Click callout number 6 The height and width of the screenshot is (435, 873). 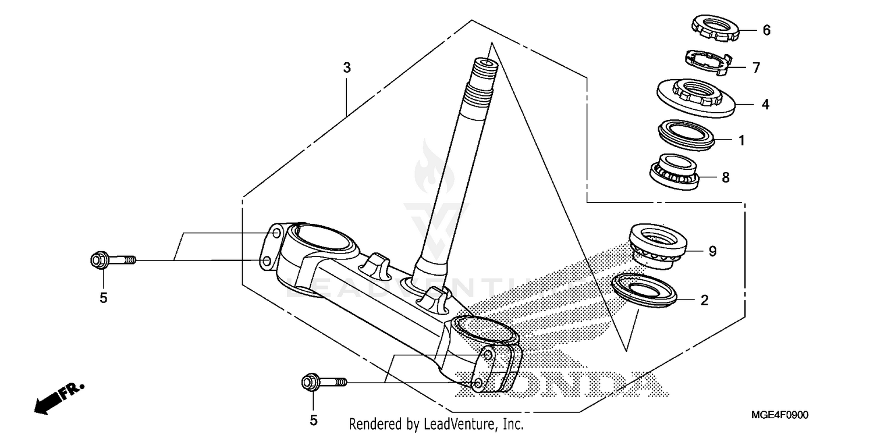pyautogui.click(x=766, y=30)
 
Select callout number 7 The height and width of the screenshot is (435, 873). pyautogui.click(x=756, y=68)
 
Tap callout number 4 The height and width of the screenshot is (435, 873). pyautogui.click(x=766, y=105)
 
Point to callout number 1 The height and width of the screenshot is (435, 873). pyautogui.click(x=741, y=140)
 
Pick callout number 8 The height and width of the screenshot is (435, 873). pyautogui.click(x=725, y=177)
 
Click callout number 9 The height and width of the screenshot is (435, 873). pyautogui.click(x=712, y=251)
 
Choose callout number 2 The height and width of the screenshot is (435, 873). pyautogui.click(x=704, y=300)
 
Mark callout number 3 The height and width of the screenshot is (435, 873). pyautogui.click(x=347, y=67)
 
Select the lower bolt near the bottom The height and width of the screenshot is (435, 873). pyautogui.click(x=324, y=382)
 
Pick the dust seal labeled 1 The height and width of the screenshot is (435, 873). pyautogui.click(x=687, y=135)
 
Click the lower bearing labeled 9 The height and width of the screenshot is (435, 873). pyautogui.click(x=660, y=244)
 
